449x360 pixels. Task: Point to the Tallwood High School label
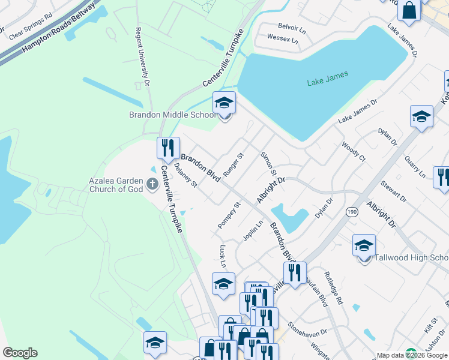(411, 258)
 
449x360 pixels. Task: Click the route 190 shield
(352, 211)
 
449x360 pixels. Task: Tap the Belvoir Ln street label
(292, 26)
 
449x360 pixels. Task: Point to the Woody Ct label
(353, 151)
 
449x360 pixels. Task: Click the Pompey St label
(229, 215)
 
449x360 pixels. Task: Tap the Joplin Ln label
(253, 232)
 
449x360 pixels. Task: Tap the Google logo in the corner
(20, 353)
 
